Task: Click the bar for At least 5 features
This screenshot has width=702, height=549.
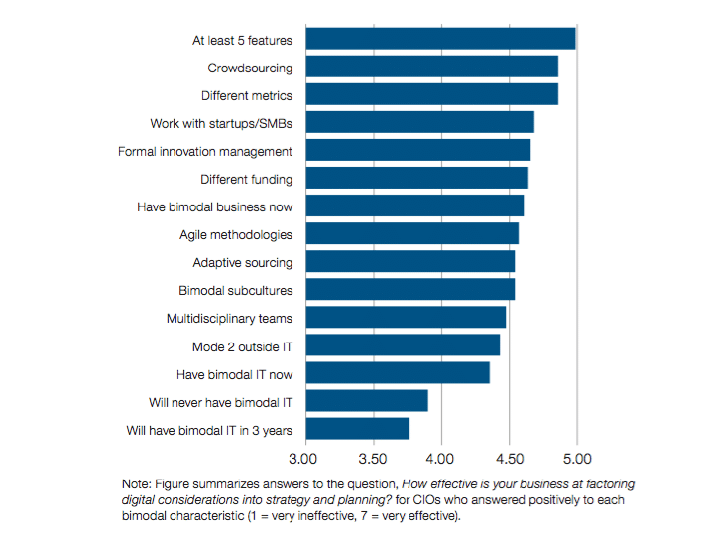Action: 440,39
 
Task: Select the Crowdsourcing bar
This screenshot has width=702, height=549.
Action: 431,67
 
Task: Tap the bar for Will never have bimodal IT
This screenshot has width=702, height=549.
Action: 366,400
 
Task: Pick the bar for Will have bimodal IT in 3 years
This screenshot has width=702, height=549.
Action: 357,429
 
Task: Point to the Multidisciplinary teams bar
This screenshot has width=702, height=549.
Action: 406,317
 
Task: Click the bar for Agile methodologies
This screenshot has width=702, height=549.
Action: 411,233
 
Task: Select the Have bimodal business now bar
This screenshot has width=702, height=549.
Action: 414,206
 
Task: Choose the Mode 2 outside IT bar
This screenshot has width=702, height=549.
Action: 402,344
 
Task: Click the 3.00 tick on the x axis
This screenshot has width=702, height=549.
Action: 303,459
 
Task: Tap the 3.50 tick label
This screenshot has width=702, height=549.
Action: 372,459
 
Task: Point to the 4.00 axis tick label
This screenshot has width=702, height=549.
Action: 440,459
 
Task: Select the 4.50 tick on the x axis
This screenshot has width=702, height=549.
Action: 509,459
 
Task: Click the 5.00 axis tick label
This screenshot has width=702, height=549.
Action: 577,459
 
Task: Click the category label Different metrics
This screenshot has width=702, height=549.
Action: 247,96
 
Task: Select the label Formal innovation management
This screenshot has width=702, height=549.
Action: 205,152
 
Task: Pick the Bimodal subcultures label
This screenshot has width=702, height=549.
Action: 236,291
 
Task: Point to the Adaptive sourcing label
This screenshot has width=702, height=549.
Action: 243,263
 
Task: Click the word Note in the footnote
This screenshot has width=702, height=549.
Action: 137,483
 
